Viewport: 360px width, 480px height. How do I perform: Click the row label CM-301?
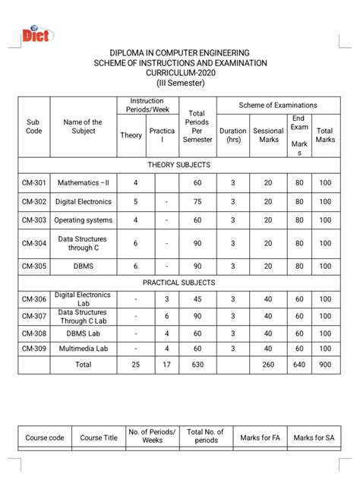33,184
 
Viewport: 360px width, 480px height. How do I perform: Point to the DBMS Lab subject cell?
79,333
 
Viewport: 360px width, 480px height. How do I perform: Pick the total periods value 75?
197,202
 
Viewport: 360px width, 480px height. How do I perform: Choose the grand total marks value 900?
324,365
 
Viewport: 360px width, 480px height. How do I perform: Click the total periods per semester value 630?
197,365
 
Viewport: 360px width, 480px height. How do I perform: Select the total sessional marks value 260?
268,365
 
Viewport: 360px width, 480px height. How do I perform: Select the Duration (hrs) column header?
232,135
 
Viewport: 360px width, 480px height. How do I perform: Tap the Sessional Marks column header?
268,135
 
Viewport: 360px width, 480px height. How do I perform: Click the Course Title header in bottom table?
99,437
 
